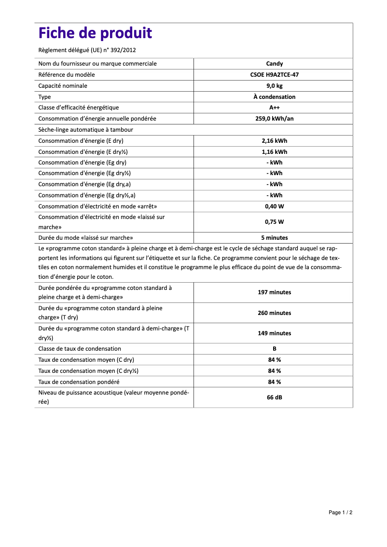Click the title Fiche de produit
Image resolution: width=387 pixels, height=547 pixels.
(95, 33)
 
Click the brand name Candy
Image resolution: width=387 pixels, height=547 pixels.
(274, 64)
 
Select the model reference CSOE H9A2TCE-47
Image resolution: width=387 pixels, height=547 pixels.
(274, 75)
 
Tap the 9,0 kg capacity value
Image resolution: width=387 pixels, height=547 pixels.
(274, 86)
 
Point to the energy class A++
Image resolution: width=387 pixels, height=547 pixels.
(274, 108)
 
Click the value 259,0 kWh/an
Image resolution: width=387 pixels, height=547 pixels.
(274, 119)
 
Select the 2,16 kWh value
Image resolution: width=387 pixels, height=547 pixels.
(274, 141)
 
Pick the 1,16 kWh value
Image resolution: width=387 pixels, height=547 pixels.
(274, 152)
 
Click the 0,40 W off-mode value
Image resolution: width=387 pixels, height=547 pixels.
(274, 206)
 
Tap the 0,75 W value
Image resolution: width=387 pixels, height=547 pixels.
(274, 222)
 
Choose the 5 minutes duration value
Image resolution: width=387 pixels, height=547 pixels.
(274, 238)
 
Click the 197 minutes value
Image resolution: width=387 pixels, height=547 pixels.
(274, 292)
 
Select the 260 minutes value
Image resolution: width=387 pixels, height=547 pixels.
(274, 313)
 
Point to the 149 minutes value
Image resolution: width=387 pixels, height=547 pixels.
(274, 333)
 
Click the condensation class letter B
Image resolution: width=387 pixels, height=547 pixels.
(274, 349)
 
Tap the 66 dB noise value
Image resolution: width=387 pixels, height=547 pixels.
(274, 397)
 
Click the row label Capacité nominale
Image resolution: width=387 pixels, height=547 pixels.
(63, 86)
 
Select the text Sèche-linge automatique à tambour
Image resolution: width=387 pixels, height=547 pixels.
(85, 130)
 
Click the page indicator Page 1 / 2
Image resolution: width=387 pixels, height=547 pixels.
(341, 512)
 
